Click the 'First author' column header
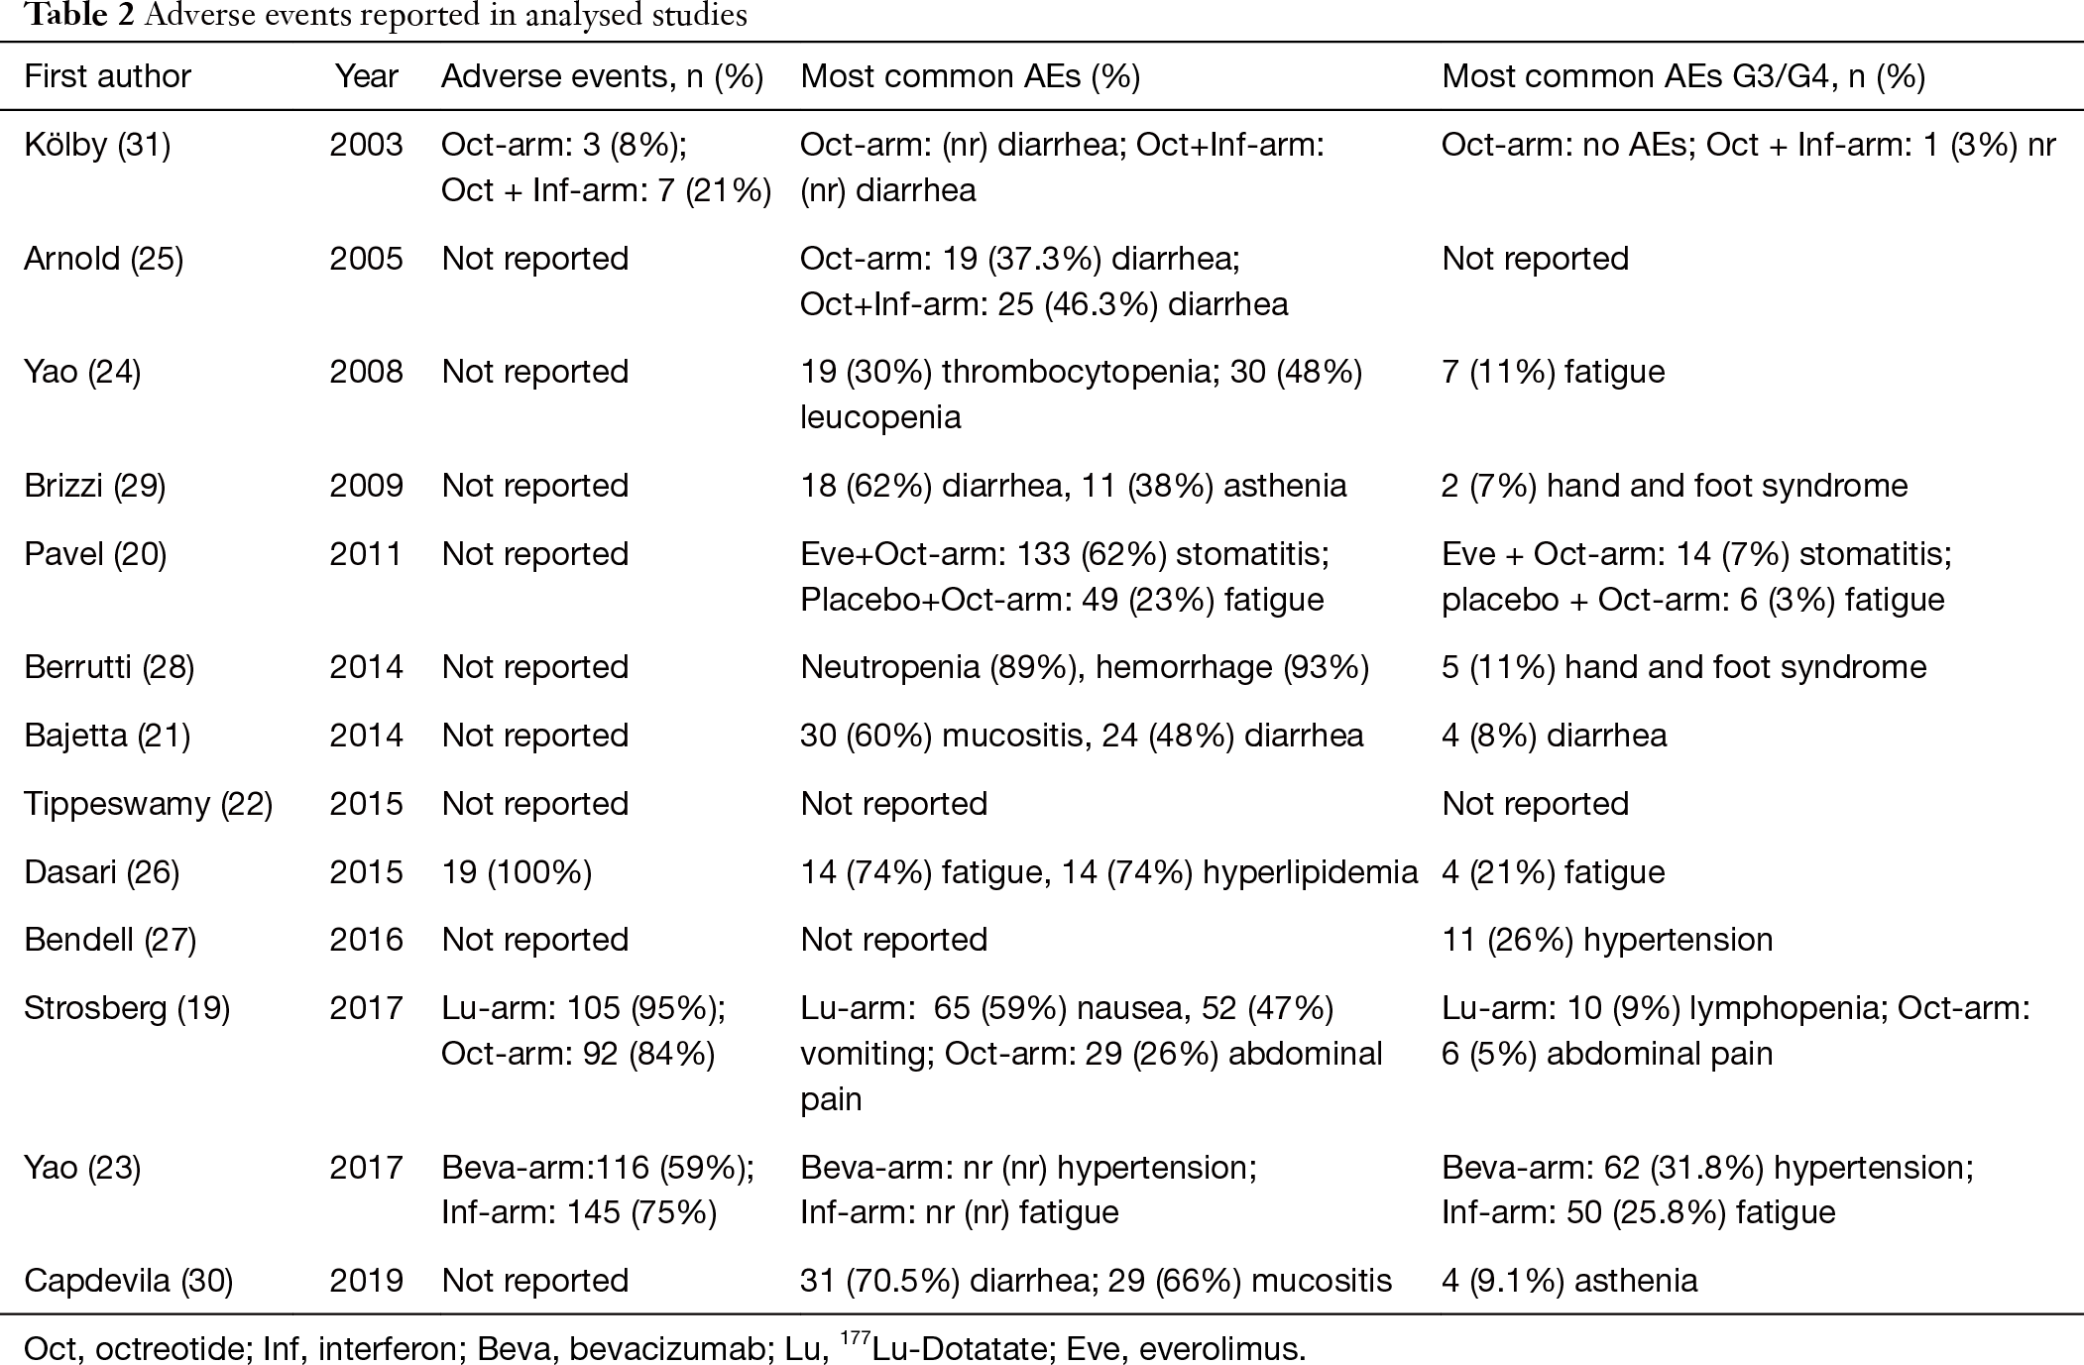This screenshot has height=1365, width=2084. pos(107,76)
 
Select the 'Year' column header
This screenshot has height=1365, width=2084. pos(366,76)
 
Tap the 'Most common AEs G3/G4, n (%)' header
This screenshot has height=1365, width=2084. pos(1683,76)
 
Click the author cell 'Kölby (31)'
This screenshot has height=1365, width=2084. pos(97,145)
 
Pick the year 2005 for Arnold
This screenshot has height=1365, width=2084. pos(367,259)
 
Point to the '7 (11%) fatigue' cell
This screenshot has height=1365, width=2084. pos(1553,372)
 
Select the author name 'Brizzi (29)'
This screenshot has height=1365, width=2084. pos(95,486)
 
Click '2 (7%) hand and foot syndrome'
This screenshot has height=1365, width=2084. pos(1675,486)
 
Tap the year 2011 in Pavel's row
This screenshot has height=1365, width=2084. pos(367,553)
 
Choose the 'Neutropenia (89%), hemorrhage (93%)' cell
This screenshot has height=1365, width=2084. pos(1085,667)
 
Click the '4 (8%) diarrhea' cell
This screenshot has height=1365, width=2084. pos(1554,736)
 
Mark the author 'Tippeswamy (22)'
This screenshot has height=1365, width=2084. pos(148,804)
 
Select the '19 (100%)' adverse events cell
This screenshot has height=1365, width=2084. pos(517,872)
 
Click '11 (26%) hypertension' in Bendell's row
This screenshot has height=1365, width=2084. pos(1607,940)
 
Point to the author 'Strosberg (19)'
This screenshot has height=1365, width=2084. pos(127,1008)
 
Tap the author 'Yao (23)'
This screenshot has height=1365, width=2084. pos(82,1168)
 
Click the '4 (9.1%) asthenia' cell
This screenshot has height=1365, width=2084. pos(1569,1281)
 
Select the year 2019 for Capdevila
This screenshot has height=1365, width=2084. pos(367,1281)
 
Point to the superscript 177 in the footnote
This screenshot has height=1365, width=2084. pos(855,1339)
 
